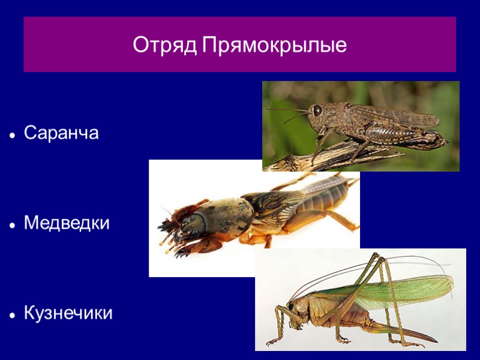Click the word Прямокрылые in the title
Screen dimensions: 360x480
(x=274, y=46)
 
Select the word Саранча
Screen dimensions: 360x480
(x=61, y=133)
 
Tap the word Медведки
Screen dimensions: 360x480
(x=67, y=224)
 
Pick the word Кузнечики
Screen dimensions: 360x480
(x=68, y=313)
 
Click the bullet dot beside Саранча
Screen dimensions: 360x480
(x=12, y=134)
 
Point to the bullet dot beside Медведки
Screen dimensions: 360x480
(x=12, y=225)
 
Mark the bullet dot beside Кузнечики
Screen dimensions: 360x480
(x=12, y=314)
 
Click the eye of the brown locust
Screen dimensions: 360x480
(x=317, y=110)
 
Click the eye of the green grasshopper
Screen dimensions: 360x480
(x=290, y=306)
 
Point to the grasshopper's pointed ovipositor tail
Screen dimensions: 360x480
(x=414, y=336)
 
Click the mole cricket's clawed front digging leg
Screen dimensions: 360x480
(x=171, y=237)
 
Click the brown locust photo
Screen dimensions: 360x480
(x=361, y=126)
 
